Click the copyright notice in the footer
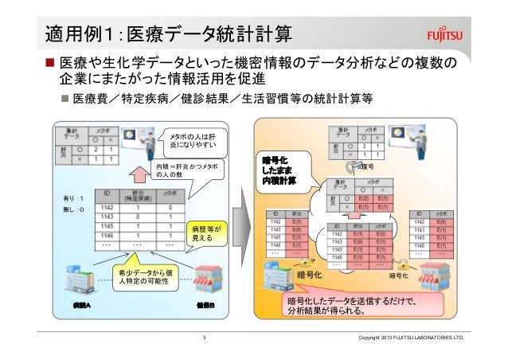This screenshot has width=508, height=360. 409,342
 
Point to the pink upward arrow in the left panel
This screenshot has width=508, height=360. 139,172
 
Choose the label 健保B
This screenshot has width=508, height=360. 206,306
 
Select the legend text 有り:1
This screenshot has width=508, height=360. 72,198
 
